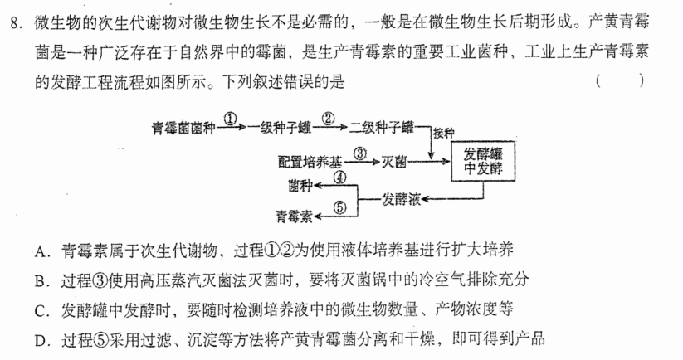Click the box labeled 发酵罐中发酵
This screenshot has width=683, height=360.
483,161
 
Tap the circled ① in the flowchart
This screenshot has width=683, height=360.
231,119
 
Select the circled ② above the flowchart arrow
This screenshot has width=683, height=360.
329,119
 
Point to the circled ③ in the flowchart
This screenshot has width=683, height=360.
360,153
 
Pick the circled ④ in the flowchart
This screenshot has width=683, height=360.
339,178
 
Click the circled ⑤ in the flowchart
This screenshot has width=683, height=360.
339,207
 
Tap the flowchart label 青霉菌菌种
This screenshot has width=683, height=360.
183,128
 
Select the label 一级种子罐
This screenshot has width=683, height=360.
279,128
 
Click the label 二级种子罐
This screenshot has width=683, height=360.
382,127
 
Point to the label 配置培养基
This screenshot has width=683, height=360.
310,163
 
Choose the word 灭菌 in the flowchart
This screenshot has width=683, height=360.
394,162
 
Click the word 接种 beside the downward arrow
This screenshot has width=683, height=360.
443,134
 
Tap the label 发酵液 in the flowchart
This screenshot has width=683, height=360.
401,199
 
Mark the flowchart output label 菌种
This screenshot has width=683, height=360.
300,186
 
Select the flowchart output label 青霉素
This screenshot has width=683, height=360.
295,216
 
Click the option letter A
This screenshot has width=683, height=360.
40,251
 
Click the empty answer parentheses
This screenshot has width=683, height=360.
619,80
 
